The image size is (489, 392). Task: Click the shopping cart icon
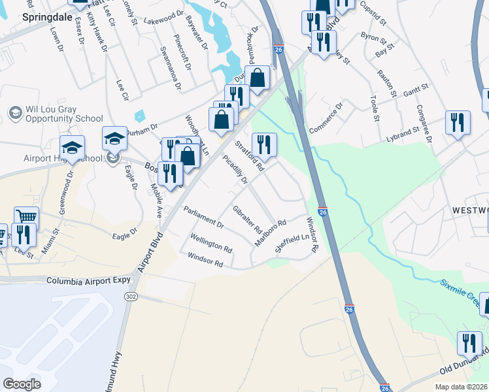coord(26,217)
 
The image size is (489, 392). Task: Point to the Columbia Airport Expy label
coord(88,281)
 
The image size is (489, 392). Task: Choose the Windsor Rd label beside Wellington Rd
coord(205,259)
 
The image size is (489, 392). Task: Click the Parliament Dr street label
coord(203,217)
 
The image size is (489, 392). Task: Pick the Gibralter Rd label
coord(247,220)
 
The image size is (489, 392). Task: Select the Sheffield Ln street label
coord(292,242)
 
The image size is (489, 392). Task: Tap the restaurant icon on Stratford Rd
coord(264,142)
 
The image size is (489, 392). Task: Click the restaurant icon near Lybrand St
coord(457,122)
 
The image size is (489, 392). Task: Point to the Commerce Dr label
coord(326,117)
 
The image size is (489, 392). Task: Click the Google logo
coord(22,384)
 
